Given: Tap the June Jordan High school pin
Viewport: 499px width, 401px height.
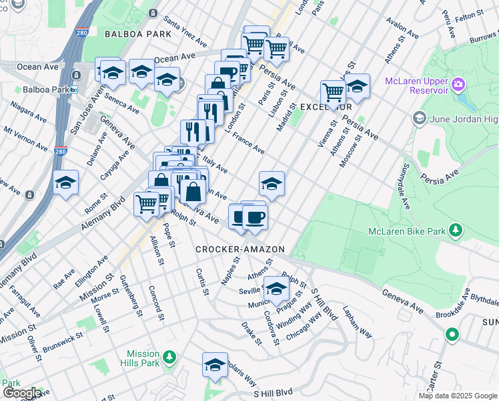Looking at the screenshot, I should pos(419,119).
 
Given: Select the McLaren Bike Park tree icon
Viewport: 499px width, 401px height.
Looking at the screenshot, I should pos(456,231).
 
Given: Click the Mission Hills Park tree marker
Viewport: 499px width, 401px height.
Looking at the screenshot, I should pos(170,358).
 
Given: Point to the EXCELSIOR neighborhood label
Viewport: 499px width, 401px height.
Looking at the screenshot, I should pos(326,107).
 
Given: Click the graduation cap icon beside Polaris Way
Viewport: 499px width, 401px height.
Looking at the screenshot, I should pos(215,366).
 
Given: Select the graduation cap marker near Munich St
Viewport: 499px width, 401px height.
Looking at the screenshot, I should pos(276,289).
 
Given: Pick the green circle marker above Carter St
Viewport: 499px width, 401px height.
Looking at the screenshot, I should pos(452,334).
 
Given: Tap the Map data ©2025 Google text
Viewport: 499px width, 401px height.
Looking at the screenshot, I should pos(458,396).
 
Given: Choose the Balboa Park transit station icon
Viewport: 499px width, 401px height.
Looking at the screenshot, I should pos(74,90).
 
